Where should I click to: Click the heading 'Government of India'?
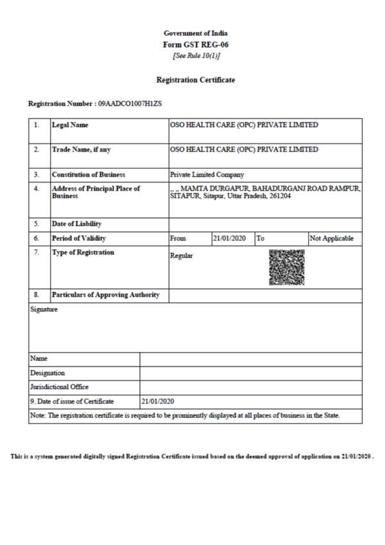click(195, 33)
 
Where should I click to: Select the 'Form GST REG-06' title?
click(195, 44)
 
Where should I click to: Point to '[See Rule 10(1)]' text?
click(195, 55)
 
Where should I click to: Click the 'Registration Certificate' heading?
click(195, 80)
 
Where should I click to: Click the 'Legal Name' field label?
click(70, 125)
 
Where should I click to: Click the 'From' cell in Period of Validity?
click(178, 239)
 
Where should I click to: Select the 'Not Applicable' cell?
click(331, 239)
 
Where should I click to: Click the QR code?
click(285, 266)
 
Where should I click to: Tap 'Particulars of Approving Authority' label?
click(106, 296)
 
